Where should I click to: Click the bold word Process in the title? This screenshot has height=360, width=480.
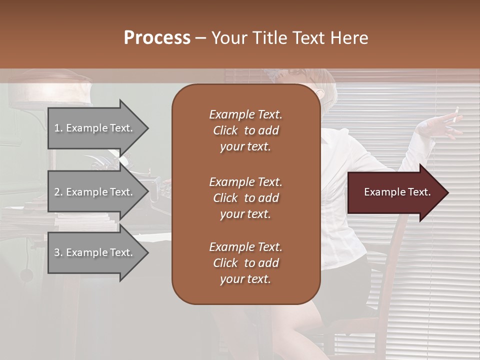pyautogui.click(x=157, y=38)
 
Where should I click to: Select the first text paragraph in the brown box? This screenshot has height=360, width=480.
pyautogui.click(x=245, y=130)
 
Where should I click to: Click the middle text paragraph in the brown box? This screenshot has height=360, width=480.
pyautogui.click(x=245, y=198)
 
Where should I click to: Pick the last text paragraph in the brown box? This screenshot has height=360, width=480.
pyautogui.click(x=245, y=263)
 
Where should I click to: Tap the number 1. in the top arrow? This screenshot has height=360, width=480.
pyautogui.click(x=58, y=128)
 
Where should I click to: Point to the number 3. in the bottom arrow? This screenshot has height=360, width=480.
pyautogui.click(x=58, y=252)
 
